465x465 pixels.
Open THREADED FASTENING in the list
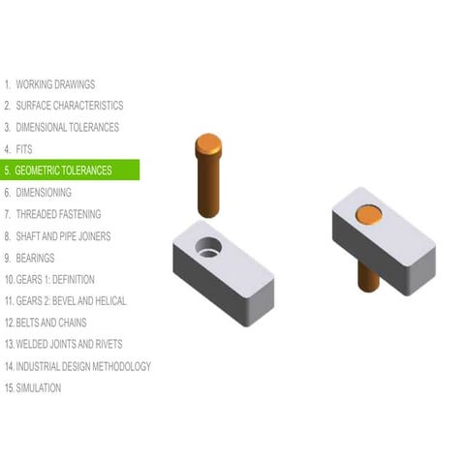coord(58,214)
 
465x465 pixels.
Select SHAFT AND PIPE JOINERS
coord(63,235)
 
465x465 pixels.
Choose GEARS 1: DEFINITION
coord(54,279)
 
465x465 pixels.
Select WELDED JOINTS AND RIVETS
coord(69,344)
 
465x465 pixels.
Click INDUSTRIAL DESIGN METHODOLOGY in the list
coord(82,366)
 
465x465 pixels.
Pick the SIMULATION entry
coord(38,387)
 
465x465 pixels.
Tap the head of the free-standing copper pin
coord(208,145)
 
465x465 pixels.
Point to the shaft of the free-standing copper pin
coord(209,189)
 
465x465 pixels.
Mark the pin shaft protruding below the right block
coord(368,275)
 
